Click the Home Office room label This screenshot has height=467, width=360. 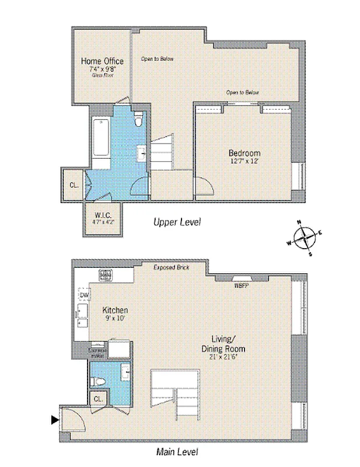coord(102,61)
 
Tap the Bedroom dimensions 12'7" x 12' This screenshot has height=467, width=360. coord(244,161)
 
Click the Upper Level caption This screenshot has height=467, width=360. coord(177,222)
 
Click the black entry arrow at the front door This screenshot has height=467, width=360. coord(55,419)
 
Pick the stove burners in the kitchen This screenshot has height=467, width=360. coord(106,274)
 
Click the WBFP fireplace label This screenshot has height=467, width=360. coord(241,285)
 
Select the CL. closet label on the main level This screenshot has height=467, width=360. coord(97,399)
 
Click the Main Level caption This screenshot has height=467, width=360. coord(177,451)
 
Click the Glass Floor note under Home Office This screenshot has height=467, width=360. coord(102,75)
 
